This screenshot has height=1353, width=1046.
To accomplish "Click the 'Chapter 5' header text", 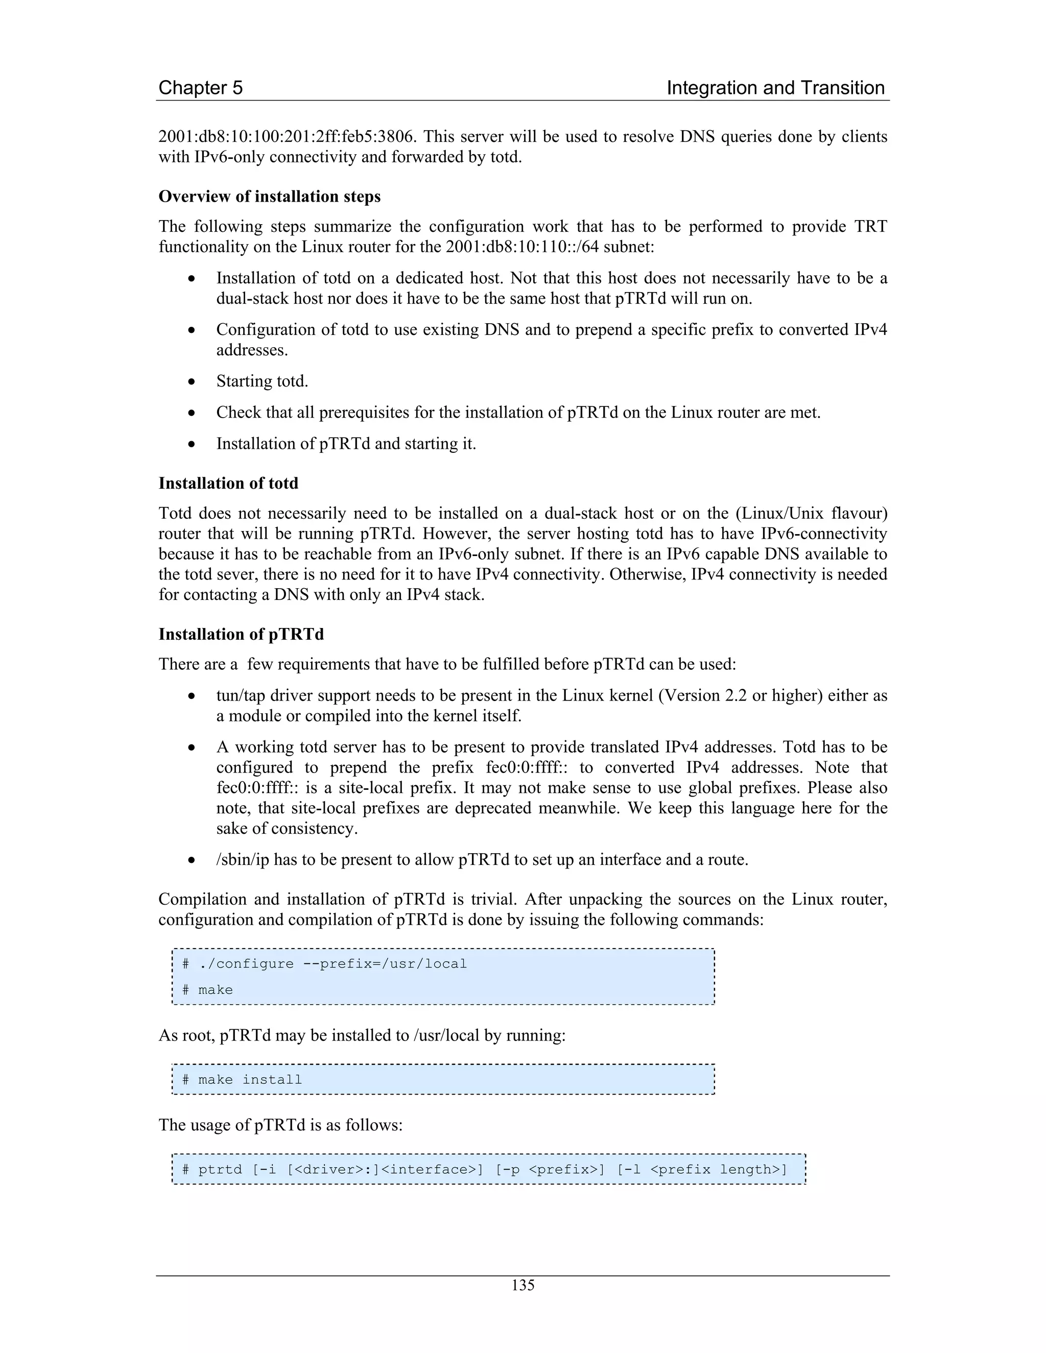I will coord(200,88).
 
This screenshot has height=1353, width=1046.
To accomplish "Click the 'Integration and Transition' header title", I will coord(775,88).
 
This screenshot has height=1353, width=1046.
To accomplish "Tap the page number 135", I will coord(522,1285).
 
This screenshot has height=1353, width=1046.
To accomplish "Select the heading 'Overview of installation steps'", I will coord(270,197).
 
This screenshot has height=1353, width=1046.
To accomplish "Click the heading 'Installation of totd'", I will coord(228,483).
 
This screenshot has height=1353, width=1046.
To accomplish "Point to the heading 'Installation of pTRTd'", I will coord(241,634).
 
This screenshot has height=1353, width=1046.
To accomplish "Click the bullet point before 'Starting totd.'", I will coord(192,381).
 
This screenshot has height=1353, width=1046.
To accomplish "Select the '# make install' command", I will coord(242,1080).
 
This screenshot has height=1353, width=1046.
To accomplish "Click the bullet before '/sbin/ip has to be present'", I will coord(192,860).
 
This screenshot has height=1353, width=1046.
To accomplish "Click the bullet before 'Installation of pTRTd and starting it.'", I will coord(192,444).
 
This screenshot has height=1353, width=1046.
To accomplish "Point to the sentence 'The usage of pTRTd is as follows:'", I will coord(280,1125).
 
